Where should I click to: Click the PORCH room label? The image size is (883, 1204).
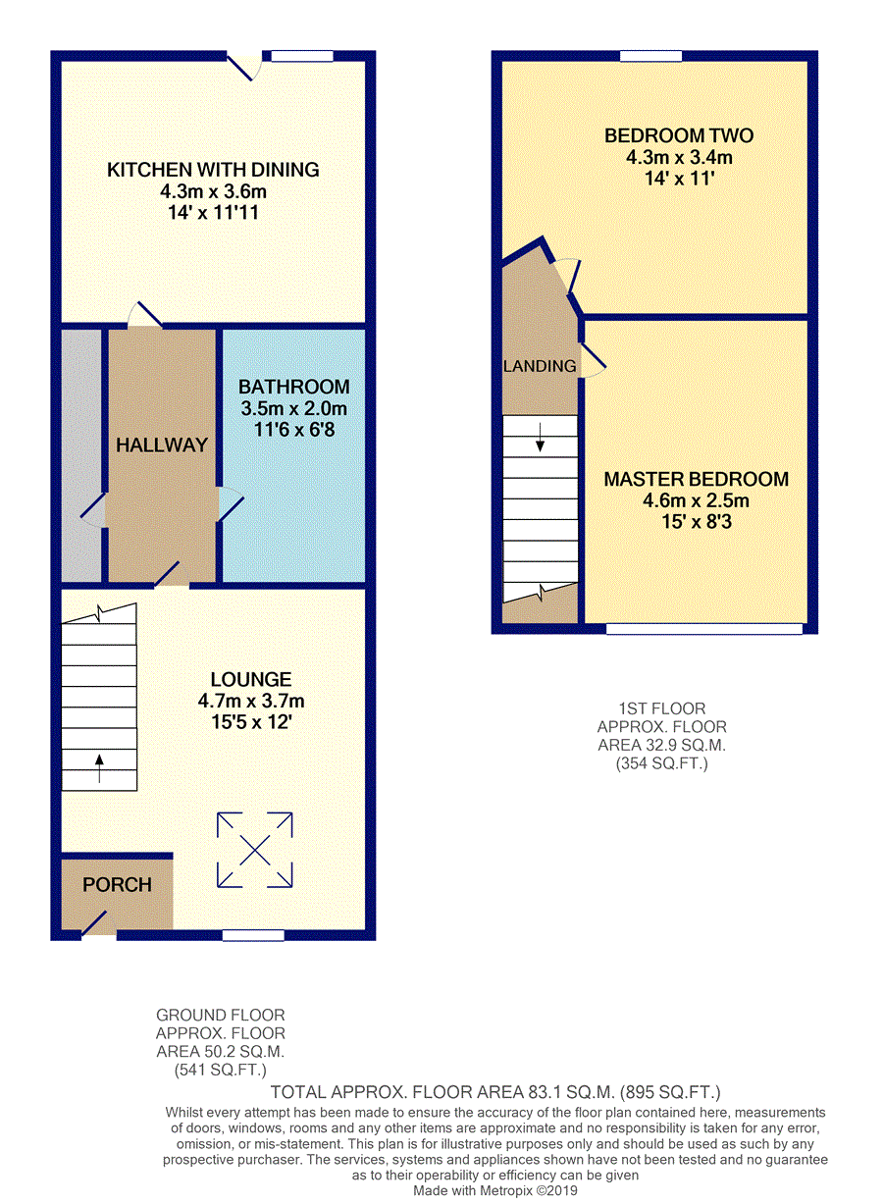point(117,885)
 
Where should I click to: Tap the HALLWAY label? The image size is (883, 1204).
point(162,445)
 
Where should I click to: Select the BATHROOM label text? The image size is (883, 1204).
point(294,388)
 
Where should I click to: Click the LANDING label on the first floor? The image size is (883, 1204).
point(540,366)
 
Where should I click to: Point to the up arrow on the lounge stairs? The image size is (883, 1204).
point(99,767)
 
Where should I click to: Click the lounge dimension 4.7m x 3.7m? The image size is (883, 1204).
point(250,702)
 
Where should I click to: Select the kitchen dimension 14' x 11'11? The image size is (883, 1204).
point(213,212)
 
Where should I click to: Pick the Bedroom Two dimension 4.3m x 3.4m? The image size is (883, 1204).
point(679,157)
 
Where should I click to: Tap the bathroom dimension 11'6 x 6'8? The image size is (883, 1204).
point(294,430)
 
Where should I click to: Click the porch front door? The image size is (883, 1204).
point(95,924)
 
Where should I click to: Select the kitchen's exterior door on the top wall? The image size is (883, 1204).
point(242,67)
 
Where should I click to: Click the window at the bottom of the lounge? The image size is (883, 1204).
point(253,935)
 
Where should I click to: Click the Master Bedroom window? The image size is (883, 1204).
point(703,629)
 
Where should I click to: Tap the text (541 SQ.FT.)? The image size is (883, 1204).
point(221,1070)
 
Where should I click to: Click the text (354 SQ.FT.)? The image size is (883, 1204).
point(662,762)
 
